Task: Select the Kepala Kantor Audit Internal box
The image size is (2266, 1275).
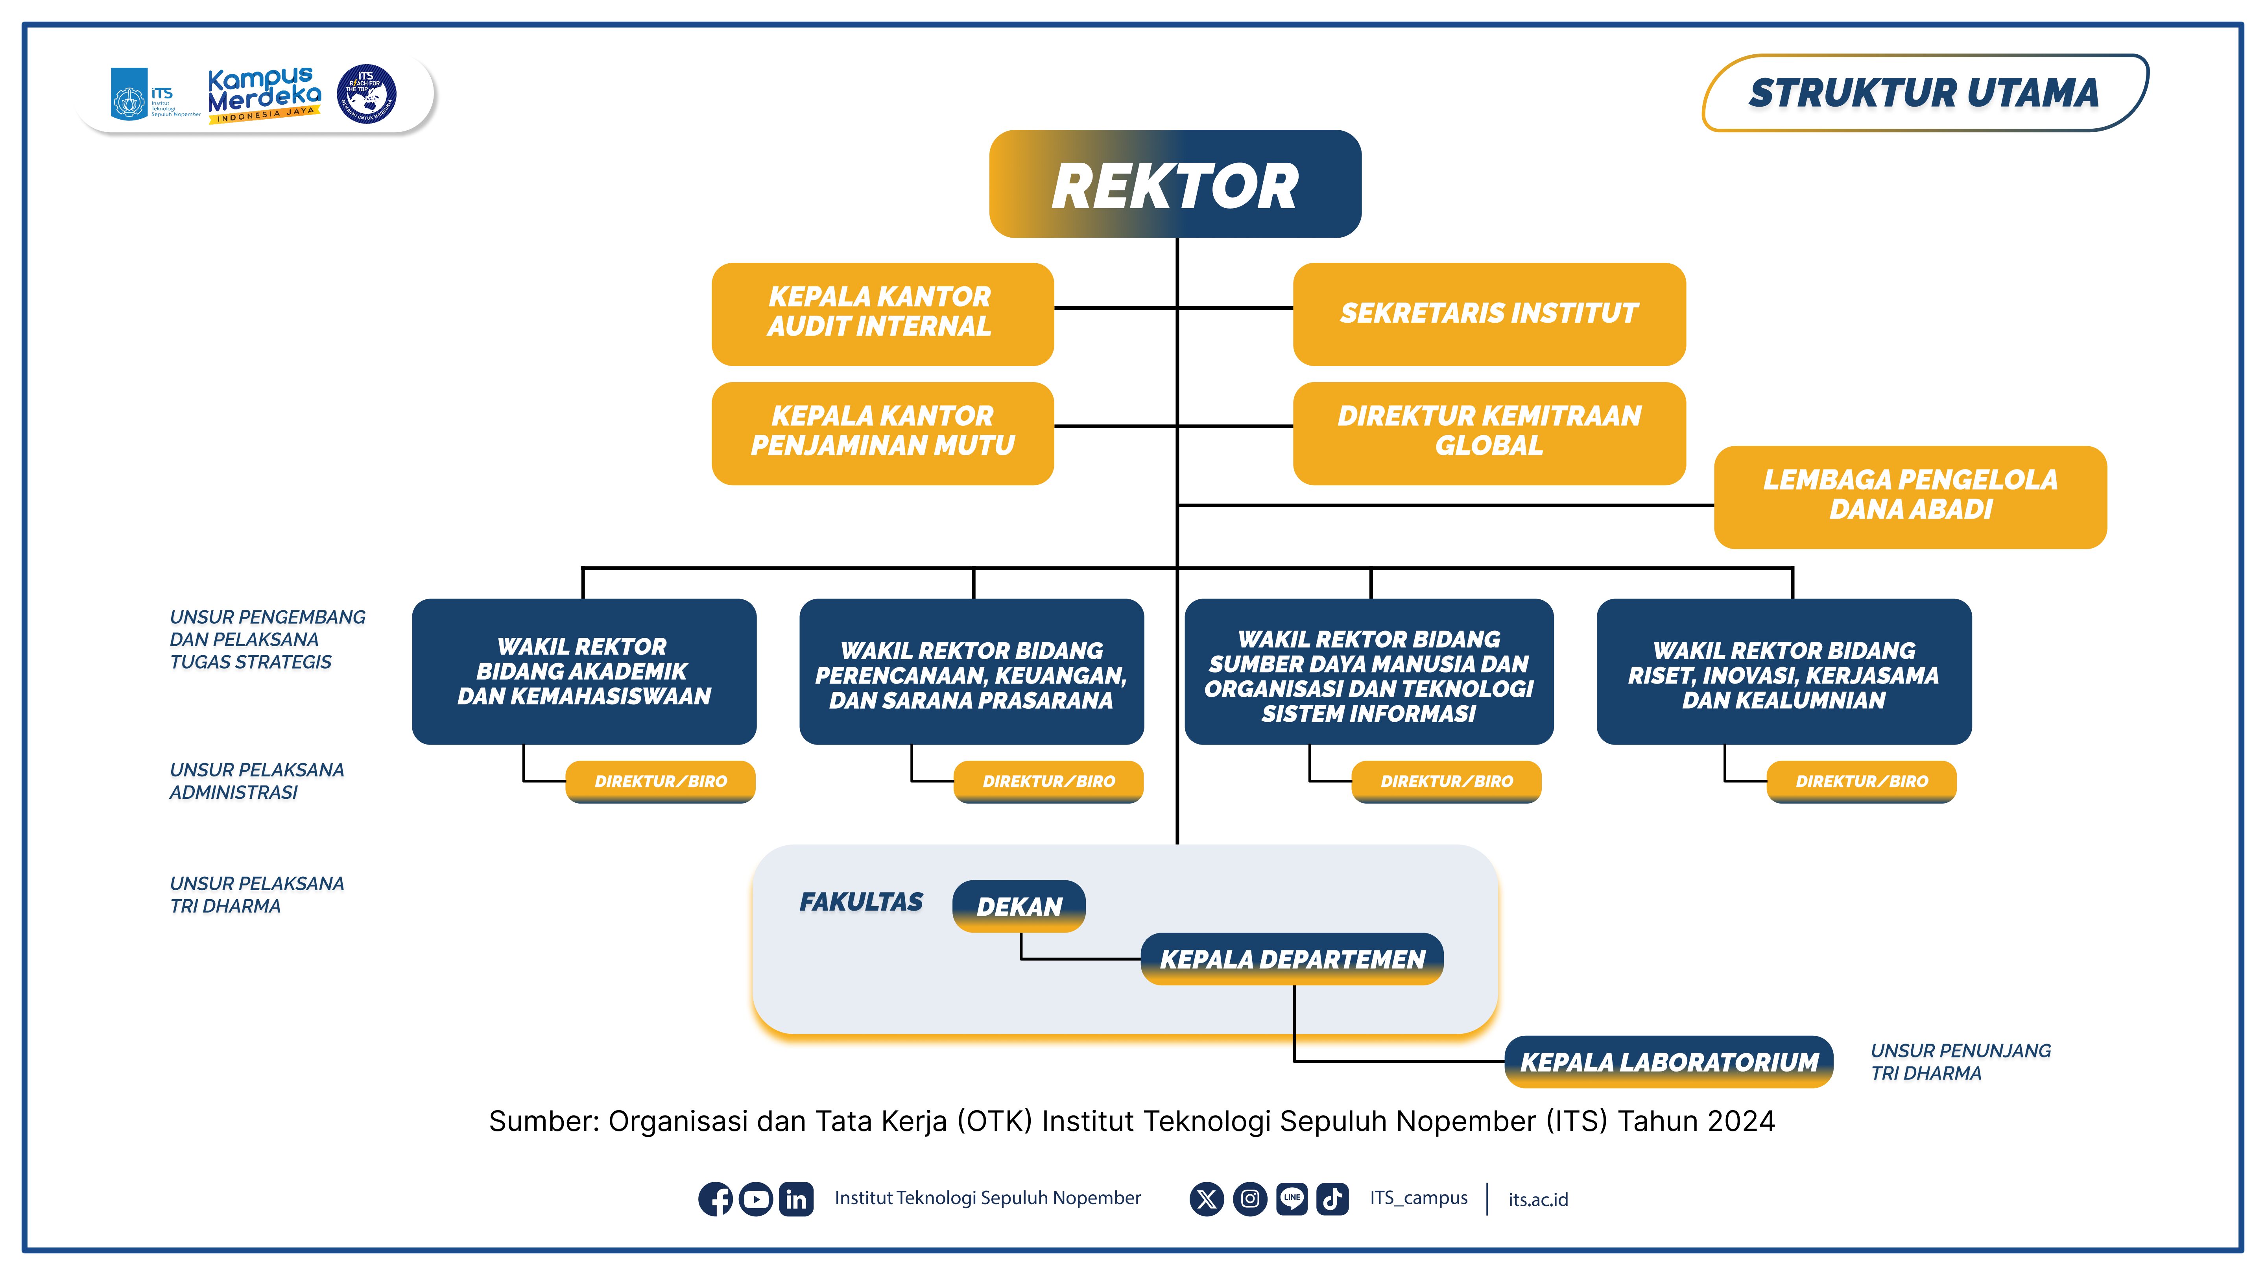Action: point(882,313)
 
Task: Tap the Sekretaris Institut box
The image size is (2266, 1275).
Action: point(1488,313)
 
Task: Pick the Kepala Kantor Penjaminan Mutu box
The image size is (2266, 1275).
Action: point(882,432)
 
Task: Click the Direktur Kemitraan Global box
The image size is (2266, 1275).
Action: point(1488,432)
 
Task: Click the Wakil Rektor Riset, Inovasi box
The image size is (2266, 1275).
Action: point(1783,671)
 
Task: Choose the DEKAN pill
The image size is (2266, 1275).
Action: point(1019,905)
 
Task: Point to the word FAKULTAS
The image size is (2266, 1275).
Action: point(861,902)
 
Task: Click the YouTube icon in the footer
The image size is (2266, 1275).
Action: point(756,1198)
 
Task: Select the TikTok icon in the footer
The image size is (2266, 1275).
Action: point(1332,1198)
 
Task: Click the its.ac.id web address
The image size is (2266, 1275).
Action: point(1538,1199)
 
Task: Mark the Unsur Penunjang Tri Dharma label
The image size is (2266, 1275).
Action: point(1960,1061)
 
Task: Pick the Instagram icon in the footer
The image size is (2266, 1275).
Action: point(1249,1198)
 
